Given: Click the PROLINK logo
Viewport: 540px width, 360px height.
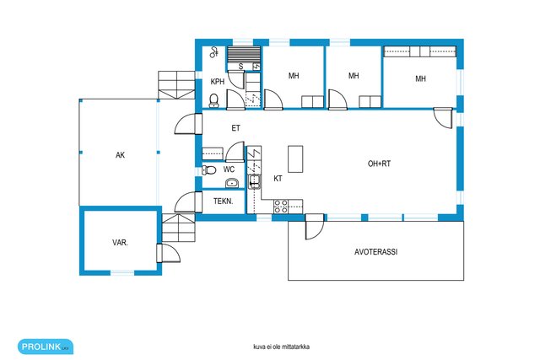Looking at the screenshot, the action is (x=46, y=347).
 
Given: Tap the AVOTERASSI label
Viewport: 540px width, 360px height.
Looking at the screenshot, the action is (x=375, y=252).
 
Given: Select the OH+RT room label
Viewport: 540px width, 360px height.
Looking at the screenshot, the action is (x=379, y=164).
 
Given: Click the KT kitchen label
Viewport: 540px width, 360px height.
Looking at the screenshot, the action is (x=278, y=178).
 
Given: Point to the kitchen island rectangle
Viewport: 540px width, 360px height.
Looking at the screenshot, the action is (x=295, y=159).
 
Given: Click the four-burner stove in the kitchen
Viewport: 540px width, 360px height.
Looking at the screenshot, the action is (x=281, y=207).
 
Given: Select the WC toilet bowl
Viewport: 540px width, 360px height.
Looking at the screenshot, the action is (x=208, y=169).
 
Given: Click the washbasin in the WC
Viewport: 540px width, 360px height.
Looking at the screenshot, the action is (x=232, y=183).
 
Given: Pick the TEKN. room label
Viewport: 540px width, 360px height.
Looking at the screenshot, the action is (x=223, y=201).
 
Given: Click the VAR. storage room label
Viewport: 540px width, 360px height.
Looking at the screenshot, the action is (x=120, y=242).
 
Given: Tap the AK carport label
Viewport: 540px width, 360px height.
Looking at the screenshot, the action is (x=120, y=155).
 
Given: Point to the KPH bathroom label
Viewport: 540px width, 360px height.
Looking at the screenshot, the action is (x=218, y=82).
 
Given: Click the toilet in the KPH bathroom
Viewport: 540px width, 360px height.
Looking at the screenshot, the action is (x=213, y=100).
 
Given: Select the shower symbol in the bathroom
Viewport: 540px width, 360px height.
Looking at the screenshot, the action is (x=214, y=52).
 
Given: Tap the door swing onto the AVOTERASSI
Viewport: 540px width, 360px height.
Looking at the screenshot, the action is (x=315, y=227).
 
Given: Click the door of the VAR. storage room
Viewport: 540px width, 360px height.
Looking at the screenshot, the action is (x=169, y=253).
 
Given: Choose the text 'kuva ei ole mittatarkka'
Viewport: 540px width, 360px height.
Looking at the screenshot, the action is (x=281, y=347).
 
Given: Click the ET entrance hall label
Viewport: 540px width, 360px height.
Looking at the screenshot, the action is (x=235, y=128).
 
